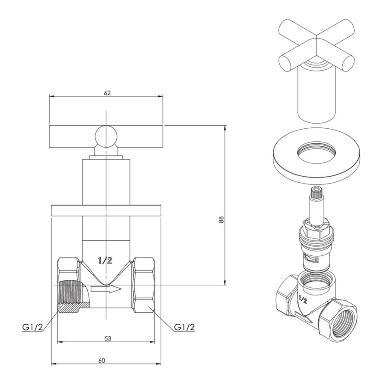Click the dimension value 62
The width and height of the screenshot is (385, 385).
(107, 93)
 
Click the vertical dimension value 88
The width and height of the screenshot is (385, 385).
(221, 219)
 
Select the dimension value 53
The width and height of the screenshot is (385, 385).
(108, 338)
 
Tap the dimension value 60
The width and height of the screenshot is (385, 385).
(102, 360)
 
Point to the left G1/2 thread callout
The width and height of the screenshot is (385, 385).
(33, 327)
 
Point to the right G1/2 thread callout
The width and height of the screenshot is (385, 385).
(184, 327)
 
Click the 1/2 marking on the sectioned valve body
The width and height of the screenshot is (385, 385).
(105, 261)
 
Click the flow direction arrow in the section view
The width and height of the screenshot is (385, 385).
(106, 289)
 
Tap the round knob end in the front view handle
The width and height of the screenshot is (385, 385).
(106, 136)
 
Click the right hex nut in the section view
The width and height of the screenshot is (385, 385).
(143, 285)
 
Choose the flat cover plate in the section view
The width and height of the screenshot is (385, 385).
(106, 210)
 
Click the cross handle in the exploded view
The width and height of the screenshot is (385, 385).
(317, 46)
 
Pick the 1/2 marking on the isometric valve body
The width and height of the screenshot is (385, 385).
(303, 299)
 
